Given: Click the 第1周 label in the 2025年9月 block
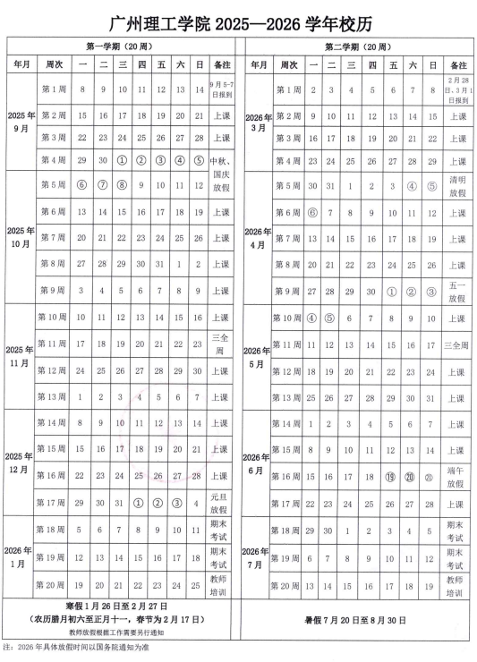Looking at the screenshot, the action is tap(52, 89).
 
